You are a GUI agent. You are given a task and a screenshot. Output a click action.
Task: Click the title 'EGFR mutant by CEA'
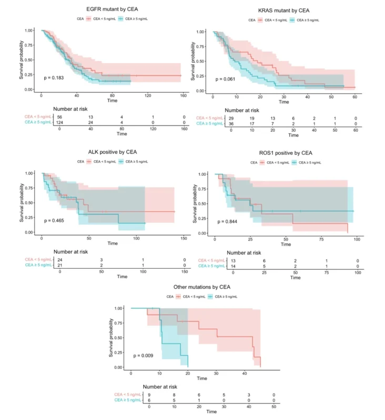(x=109, y=9)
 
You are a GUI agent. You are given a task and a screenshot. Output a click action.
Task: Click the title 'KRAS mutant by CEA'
(x=283, y=11)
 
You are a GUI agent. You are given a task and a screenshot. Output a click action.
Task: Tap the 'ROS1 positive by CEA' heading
(x=285, y=153)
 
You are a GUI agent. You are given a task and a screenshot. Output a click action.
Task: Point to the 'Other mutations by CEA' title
(x=202, y=287)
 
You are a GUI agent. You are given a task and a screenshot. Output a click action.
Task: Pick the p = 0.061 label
(x=226, y=79)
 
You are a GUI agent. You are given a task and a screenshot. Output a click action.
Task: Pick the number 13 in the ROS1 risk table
(x=232, y=260)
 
